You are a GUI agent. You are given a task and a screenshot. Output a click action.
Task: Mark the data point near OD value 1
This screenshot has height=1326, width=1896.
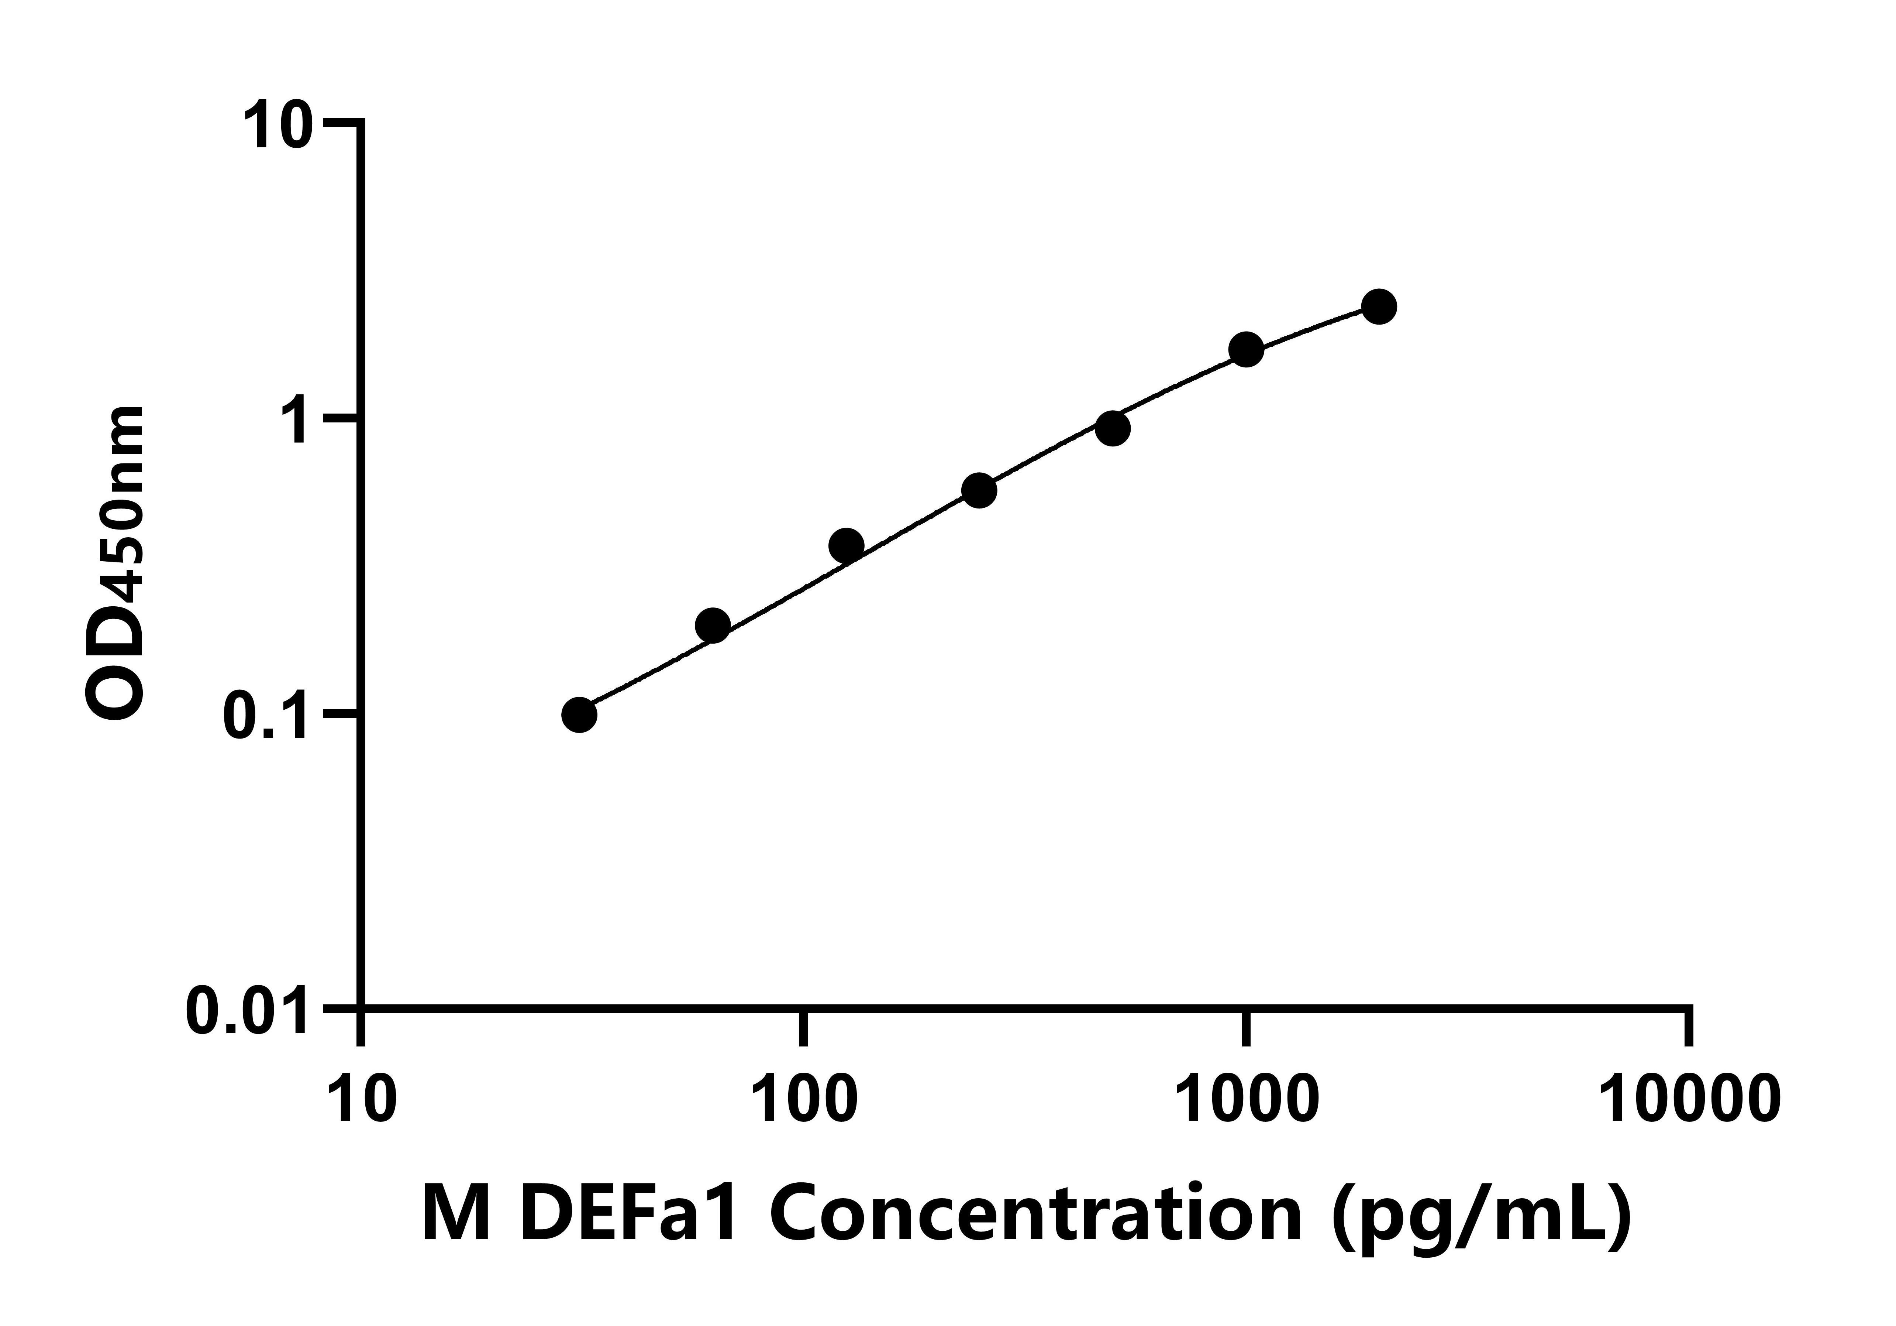(1113, 428)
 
